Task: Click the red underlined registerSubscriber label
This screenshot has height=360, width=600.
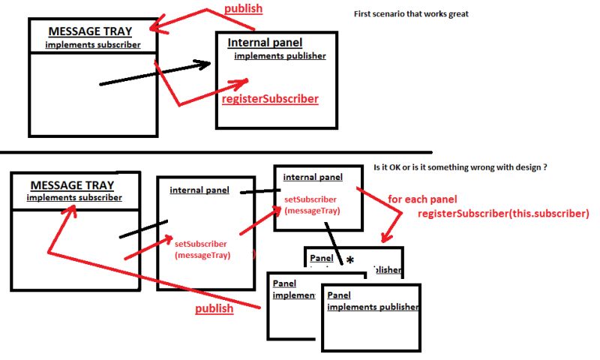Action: [x=270, y=99]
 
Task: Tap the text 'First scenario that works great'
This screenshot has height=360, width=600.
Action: [x=411, y=13]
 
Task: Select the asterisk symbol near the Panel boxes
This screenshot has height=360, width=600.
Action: [x=349, y=260]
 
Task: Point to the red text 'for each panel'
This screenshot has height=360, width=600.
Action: [x=422, y=200]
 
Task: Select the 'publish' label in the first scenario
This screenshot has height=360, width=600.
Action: [x=244, y=9]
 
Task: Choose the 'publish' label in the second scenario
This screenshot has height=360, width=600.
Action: [x=214, y=308]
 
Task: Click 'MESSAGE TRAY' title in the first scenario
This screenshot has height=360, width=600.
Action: [x=90, y=31]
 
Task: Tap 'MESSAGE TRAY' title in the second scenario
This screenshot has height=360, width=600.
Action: [x=73, y=185]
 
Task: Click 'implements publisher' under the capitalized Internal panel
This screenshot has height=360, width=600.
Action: [x=280, y=55]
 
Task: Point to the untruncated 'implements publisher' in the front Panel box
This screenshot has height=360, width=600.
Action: [x=373, y=307]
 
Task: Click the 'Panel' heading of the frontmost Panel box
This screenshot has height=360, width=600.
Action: [x=339, y=295]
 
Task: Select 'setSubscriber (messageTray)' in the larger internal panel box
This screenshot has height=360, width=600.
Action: [x=200, y=250]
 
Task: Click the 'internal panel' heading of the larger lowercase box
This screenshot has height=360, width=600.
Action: [x=199, y=190]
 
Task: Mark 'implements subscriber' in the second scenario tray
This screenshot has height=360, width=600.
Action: [x=74, y=198]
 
